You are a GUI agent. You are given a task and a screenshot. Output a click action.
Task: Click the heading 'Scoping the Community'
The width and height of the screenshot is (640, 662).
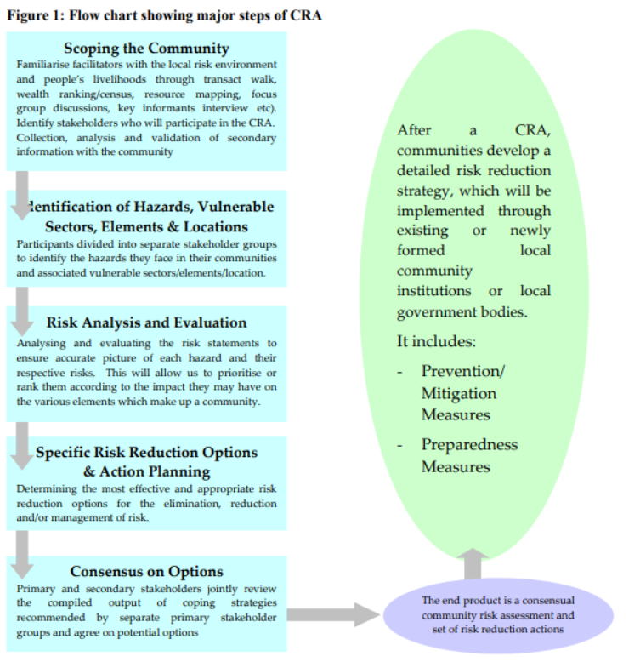[146, 49]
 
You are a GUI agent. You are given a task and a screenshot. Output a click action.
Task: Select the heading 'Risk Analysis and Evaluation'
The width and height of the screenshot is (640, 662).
[146, 323]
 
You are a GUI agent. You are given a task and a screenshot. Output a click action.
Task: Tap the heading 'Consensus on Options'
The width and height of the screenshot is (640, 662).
[146, 572]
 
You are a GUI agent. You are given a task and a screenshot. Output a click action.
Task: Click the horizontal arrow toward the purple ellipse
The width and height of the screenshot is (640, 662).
[331, 613]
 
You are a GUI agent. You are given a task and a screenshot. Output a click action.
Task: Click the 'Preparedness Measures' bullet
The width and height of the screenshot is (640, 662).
[468, 456]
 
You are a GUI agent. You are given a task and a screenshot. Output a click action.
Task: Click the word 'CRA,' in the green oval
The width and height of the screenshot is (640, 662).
[532, 130]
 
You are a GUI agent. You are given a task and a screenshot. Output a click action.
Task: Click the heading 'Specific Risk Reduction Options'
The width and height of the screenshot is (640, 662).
[146, 453]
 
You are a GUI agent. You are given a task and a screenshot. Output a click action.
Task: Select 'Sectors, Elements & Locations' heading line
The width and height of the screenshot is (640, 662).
[146, 227]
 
